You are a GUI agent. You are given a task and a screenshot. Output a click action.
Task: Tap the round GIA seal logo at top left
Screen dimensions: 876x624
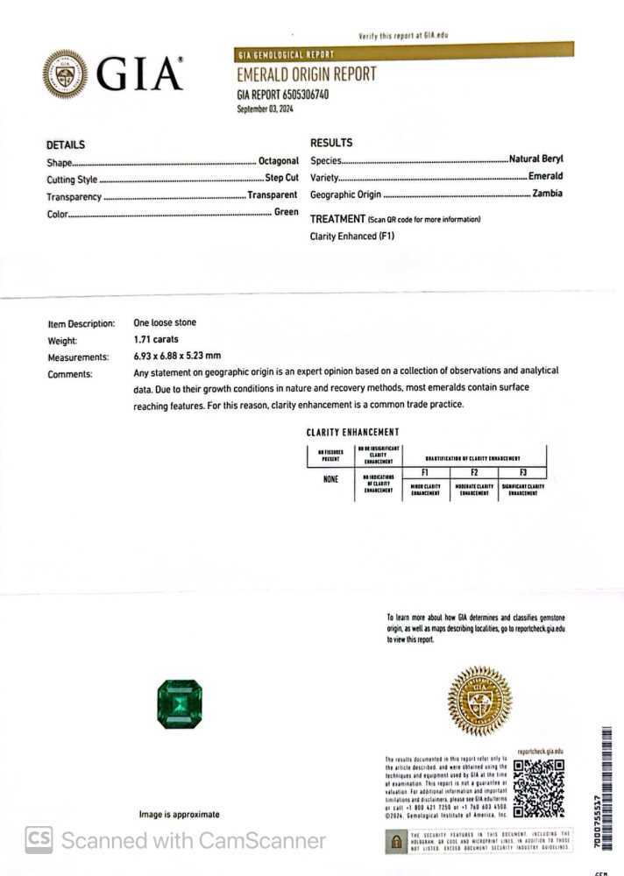coord(64,74)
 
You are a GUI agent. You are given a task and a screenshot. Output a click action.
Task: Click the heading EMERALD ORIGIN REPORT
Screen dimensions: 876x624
coord(306,74)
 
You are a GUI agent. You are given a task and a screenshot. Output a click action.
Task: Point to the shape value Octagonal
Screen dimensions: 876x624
coord(279,161)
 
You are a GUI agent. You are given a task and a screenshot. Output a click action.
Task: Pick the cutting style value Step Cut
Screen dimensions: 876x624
coord(281,179)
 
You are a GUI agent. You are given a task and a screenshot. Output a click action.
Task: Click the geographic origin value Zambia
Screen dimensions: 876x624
coord(548,194)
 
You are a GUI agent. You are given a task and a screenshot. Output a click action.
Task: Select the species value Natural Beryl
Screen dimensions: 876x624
coord(536,159)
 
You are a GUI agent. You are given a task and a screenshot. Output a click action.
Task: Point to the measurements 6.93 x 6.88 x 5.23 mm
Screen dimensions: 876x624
coord(177,357)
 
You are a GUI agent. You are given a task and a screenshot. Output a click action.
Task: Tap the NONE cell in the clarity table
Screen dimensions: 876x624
coord(330,479)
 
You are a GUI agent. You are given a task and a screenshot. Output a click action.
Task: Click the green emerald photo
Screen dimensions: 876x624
coord(179,702)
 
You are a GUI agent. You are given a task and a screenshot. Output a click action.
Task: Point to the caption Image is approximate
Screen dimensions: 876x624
coord(179,815)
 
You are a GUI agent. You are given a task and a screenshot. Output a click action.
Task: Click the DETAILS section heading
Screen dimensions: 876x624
coord(66,145)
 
